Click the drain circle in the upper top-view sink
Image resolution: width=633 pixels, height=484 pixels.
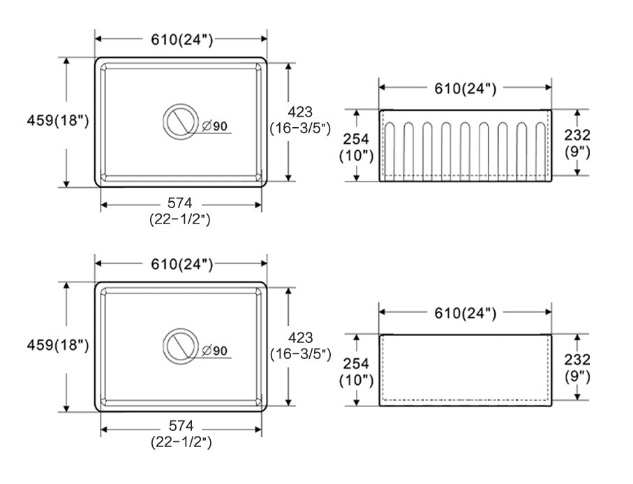[x=164, y=122]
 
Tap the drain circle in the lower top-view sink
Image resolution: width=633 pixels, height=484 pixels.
[x=164, y=346]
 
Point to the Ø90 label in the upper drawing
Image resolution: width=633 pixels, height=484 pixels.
[x=214, y=126]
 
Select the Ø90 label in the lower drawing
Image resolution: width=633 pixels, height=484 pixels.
[x=214, y=351]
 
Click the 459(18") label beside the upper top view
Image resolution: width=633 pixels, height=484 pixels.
[x=58, y=120]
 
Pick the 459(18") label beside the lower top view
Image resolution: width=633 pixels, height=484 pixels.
[x=58, y=345]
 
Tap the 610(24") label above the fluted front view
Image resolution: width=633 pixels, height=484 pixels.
[x=465, y=89]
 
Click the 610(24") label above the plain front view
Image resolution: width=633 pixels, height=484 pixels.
[x=465, y=313]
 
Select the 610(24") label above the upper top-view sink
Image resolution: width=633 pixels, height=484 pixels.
[x=181, y=39]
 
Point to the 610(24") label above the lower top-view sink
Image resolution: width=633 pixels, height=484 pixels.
[x=181, y=264]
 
